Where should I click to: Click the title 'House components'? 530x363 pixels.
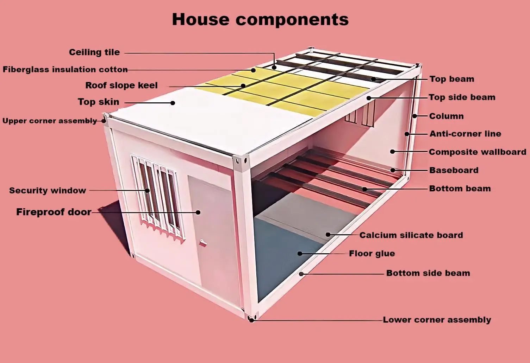pyautogui.click(x=260, y=19)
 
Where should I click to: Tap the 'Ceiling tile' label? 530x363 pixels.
pyautogui.click(x=94, y=52)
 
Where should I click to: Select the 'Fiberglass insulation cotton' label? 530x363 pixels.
pyautogui.click(x=65, y=70)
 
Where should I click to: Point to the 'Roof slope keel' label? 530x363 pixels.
pyautogui.click(x=121, y=85)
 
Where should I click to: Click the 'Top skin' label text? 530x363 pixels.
pyautogui.click(x=99, y=102)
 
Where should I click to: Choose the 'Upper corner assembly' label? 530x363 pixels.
pyautogui.click(x=50, y=121)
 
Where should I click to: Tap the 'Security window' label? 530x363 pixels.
pyautogui.click(x=48, y=191)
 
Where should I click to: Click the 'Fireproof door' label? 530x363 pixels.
pyautogui.click(x=54, y=212)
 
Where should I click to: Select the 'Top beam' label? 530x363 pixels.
pyautogui.click(x=452, y=79)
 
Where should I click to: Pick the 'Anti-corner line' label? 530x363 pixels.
pyautogui.click(x=465, y=134)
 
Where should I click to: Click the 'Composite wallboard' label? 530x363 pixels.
pyautogui.click(x=478, y=152)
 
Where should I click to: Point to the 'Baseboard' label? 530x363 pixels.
pyautogui.click(x=454, y=170)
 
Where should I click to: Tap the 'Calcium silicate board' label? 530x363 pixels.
pyautogui.click(x=411, y=235)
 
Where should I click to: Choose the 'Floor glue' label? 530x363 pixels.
pyautogui.click(x=372, y=254)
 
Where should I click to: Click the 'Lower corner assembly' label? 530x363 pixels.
pyautogui.click(x=437, y=320)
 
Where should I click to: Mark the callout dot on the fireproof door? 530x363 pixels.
pyautogui.click(x=198, y=212)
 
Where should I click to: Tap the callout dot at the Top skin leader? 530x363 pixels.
pyautogui.click(x=173, y=103)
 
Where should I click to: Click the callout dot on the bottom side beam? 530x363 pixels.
pyautogui.click(x=301, y=274)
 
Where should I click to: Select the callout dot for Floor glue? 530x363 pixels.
pyautogui.click(x=300, y=254)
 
